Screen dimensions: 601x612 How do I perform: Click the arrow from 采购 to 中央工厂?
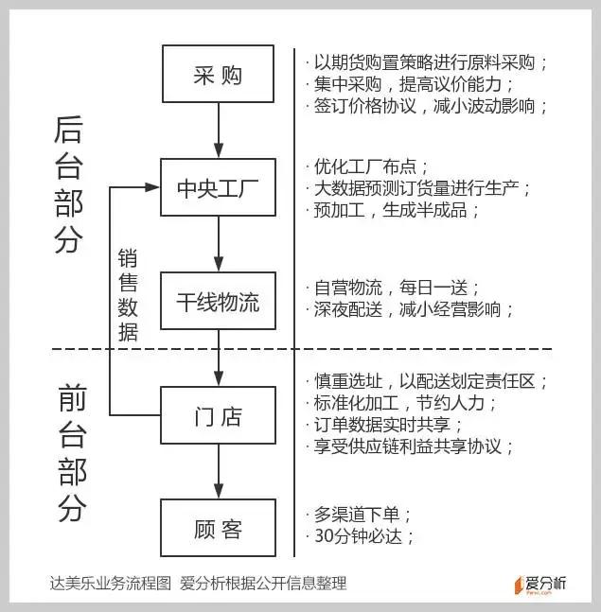coord(219,131)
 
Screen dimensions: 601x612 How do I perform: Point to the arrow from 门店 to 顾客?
coord(219,471)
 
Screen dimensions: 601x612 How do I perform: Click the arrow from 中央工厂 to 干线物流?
coord(219,244)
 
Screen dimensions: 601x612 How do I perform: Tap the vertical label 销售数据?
coord(128,295)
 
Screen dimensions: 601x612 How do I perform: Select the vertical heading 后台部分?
coord(69,184)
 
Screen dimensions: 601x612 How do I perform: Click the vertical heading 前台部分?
coord(72,453)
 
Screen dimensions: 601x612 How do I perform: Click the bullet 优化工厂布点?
coord(366,167)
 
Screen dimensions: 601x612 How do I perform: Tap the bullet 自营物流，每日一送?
coord(392,289)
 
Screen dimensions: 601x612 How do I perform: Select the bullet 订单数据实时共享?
coord(383,425)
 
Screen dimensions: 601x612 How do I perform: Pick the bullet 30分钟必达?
coord(360,536)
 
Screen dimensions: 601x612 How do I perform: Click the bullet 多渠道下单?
coord(358,515)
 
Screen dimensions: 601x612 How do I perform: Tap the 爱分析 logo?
coord(540,585)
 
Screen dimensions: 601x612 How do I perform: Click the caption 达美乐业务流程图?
coord(111,583)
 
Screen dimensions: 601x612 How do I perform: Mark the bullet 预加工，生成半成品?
coord(392,210)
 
